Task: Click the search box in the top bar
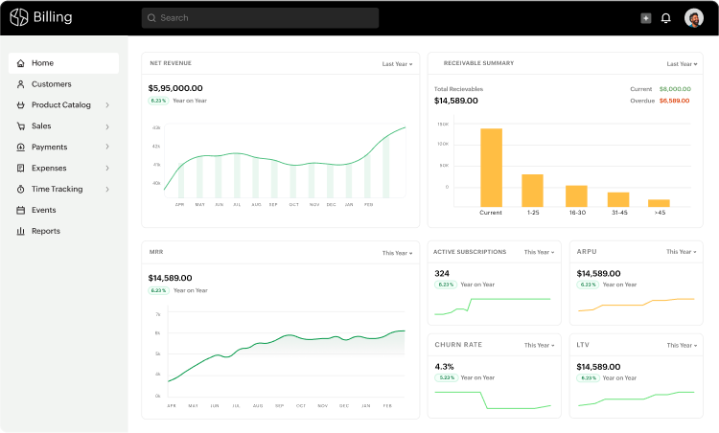pyautogui.click(x=259, y=17)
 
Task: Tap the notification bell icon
pyautogui.click(x=666, y=17)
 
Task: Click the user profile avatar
pyautogui.click(x=694, y=17)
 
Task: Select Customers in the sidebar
pyautogui.click(x=51, y=84)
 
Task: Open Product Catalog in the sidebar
pyautogui.click(x=61, y=105)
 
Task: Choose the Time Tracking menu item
pyautogui.click(x=57, y=190)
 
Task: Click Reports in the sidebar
pyautogui.click(x=45, y=231)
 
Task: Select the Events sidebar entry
pyautogui.click(x=43, y=210)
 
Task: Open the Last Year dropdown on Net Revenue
pyautogui.click(x=397, y=64)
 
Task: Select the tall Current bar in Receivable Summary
pyautogui.click(x=491, y=168)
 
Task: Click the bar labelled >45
pyautogui.click(x=659, y=202)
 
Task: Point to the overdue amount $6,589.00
pyautogui.click(x=674, y=101)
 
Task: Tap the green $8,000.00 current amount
pyautogui.click(x=674, y=89)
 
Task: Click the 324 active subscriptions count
pyautogui.click(x=442, y=273)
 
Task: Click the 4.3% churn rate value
pyautogui.click(x=444, y=366)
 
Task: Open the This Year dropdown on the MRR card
pyautogui.click(x=397, y=253)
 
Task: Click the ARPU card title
pyautogui.click(x=587, y=252)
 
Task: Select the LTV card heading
pyautogui.click(x=583, y=345)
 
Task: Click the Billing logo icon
pyautogui.click(x=19, y=17)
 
